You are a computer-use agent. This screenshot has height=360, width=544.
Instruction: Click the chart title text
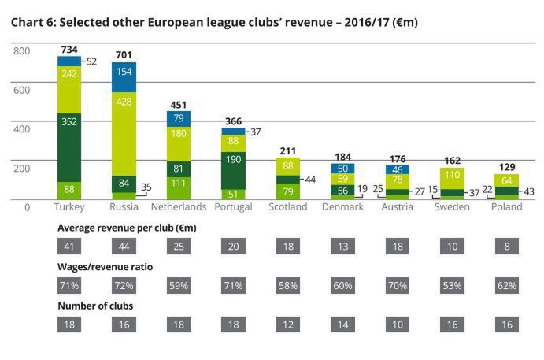pyautogui.click(x=214, y=22)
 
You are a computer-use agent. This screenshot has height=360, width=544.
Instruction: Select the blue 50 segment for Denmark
pyautogui.click(x=340, y=168)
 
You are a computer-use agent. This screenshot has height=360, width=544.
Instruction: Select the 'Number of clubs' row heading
pyautogui.click(x=94, y=306)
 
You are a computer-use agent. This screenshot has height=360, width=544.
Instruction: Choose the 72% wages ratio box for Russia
pyautogui.click(x=124, y=284)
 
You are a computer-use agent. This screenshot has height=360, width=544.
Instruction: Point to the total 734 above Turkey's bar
pyautogui.click(x=70, y=49)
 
